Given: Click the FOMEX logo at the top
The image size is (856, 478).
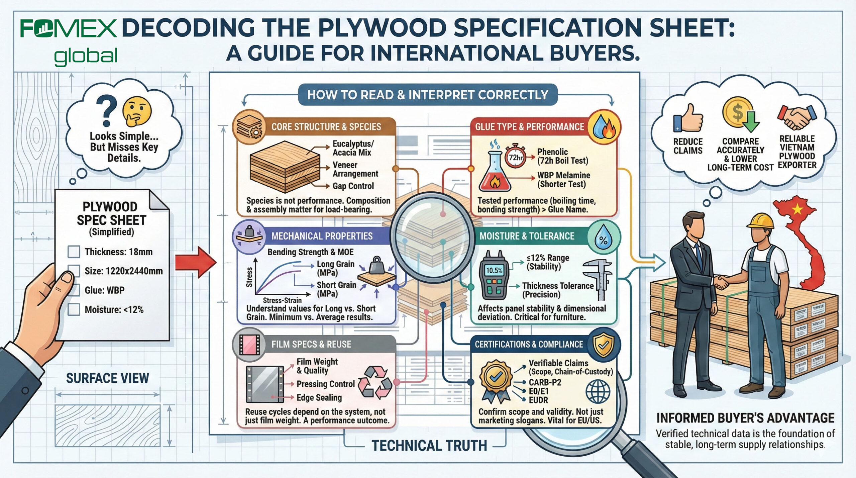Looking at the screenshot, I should (x=69, y=29).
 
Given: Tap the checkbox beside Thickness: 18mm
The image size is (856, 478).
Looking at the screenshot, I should (x=74, y=252).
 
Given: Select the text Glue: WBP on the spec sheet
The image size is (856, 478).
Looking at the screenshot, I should (x=104, y=290).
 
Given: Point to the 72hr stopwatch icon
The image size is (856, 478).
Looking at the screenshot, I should (x=515, y=157).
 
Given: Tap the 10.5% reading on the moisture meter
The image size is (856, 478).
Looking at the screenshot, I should (x=494, y=270).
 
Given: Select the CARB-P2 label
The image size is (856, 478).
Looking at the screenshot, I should (x=545, y=382).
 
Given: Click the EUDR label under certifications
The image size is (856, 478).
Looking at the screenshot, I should (x=538, y=400).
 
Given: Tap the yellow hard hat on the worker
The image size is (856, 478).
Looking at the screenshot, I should (x=760, y=221).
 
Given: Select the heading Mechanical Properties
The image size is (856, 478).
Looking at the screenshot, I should (x=322, y=236).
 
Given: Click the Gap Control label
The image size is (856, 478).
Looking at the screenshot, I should (x=353, y=186).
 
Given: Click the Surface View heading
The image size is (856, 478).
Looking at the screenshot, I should (x=107, y=378).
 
